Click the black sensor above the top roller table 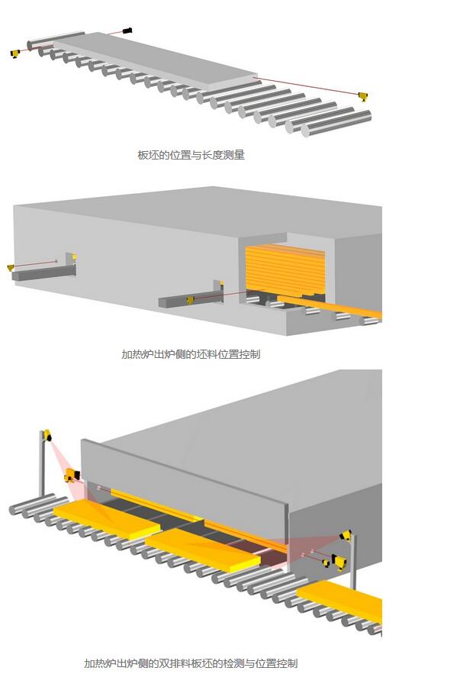click(127, 31)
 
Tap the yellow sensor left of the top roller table click(15, 53)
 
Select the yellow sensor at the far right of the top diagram click(363, 96)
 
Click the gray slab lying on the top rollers click(156, 58)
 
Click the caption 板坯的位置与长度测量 click(191, 155)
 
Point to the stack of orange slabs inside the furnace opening click(285, 269)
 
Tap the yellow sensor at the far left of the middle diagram click(11, 267)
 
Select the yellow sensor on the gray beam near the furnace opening click(191, 300)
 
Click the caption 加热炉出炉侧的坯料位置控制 click(191, 354)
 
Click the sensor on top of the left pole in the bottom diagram click(47, 435)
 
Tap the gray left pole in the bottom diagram click(42, 463)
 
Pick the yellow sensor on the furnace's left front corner click(72, 476)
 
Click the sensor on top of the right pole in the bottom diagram click(346, 535)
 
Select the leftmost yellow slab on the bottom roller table click(108, 521)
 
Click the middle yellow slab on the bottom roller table click(203, 550)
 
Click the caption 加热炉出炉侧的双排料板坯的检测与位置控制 click(191, 663)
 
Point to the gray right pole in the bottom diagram click(352, 561)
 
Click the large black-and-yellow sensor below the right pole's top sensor click(339, 562)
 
